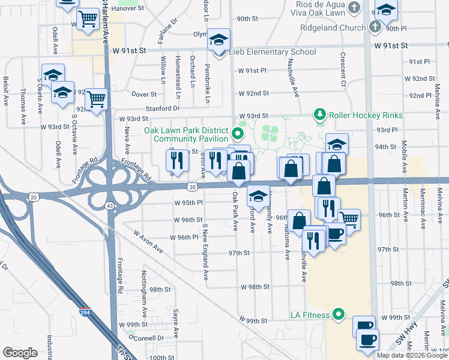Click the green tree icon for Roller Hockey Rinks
(x=320, y=114)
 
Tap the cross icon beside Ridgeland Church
(x=375, y=27)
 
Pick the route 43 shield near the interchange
(x=109, y=206)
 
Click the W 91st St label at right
(x=390, y=45)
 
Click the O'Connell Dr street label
(x=137, y=338)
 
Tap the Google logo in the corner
(x=20, y=353)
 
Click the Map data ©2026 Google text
(x=412, y=355)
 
